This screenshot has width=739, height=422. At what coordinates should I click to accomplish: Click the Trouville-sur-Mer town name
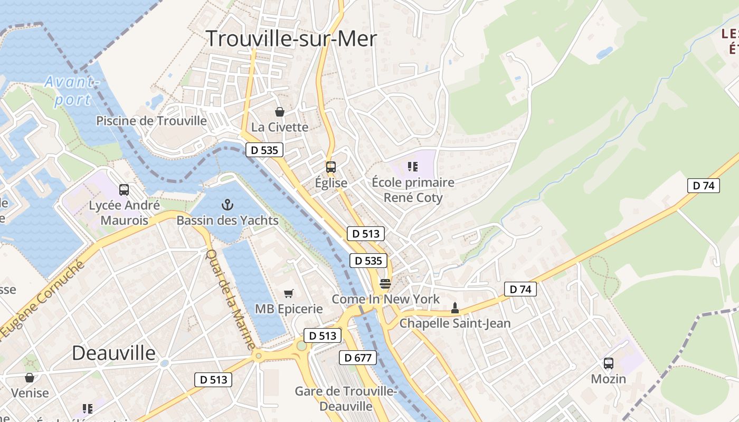pyautogui.click(x=291, y=39)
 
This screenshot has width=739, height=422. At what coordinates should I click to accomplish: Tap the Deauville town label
pyautogui.click(x=113, y=353)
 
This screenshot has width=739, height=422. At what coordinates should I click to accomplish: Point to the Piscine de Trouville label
pyautogui.click(x=151, y=121)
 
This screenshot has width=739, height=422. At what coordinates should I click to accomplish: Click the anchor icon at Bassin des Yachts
pyautogui.click(x=227, y=204)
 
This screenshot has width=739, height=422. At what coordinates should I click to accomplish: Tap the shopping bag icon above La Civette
pyautogui.click(x=280, y=112)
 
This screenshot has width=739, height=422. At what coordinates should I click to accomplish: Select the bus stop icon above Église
pyautogui.click(x=331, y=167)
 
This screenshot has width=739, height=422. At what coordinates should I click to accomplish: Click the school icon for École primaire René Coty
pyautogui.click(x=413, y=167)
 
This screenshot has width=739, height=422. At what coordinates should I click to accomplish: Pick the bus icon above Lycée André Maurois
pyautogui.click(x=124, y=190)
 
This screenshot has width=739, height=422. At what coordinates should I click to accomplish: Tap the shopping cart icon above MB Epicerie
pyautogui.click(x=288, y=293)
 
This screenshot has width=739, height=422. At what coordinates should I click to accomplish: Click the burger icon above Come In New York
pyautogui.click(x=385, y=284)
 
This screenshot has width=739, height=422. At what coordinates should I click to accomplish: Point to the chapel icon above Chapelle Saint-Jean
pyautogui.click(x=455, y=308)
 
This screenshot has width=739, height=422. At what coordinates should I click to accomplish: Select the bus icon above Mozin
pyautogui.click(x=609, y=363)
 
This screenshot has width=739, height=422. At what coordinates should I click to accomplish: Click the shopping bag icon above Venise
pyautogui.click(x=30, y=378)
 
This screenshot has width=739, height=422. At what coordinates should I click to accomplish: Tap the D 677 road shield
pyautogui.click(x=357, y=358)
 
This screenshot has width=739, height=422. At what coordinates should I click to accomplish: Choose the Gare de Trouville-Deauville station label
pyautogui.click(x=345, y=399)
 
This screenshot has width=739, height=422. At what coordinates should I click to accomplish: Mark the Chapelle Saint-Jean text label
pyautogui.click(x=455, y=323)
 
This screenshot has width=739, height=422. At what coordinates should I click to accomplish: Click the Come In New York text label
pyautogui.click(x=385, y=299)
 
